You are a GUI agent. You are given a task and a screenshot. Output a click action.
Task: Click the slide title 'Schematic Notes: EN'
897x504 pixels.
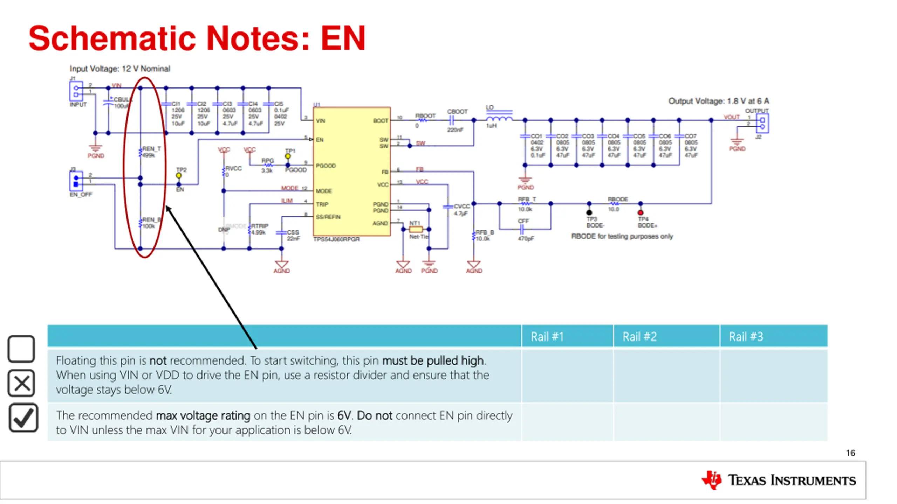pos(197,38)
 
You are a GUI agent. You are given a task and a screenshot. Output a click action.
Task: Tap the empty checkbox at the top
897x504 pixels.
pos(21,349)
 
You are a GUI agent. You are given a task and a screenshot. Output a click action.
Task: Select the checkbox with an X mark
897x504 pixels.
pos(21,383)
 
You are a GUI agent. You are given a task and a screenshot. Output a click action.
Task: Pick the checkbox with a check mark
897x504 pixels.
pos(23,418)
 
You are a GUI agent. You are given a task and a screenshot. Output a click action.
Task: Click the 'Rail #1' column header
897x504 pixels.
pos(547,337)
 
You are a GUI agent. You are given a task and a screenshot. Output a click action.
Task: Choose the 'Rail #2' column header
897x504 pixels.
pos(639,337)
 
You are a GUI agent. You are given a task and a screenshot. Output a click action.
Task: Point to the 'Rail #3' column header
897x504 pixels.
pos(746,337)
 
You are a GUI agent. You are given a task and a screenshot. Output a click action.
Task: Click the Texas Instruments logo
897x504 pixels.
pos(779,480)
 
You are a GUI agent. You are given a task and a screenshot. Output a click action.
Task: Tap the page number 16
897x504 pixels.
pos(850,453)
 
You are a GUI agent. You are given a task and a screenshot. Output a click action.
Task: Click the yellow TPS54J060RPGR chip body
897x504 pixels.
pos(351,171)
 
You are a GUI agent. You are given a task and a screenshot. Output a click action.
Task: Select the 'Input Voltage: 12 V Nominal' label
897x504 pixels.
pos(120,69)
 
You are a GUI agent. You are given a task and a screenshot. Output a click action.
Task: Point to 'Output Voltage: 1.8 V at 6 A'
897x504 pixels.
pos(719,101)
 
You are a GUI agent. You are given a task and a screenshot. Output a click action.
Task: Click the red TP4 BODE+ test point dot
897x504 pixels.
pos(641,212)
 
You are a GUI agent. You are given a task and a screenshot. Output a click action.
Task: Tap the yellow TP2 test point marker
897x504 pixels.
pos(179,175)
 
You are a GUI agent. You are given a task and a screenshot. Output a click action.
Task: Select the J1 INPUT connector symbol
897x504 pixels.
pos(76,91)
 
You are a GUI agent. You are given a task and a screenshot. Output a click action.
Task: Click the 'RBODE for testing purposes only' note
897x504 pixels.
pos(622,236)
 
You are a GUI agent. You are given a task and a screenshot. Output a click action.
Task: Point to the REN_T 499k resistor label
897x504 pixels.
pos(151,152)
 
